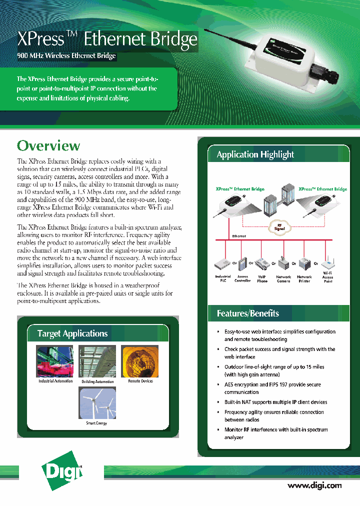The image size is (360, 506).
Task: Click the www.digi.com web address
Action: click(314, 485)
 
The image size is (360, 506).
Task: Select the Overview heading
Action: click(48, 145)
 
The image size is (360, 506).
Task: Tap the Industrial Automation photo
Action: click(54, 361)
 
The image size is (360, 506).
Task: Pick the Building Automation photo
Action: click(97, 361)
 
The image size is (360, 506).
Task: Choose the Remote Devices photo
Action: click(140, 361)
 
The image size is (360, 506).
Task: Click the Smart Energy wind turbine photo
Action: click(97, 402)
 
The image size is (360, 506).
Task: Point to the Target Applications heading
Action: click(72, 333)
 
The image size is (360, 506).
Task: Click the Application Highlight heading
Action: click(255, 154)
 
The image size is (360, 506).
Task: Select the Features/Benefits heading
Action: click(248, 313)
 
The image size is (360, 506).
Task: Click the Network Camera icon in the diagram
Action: click(283, 264)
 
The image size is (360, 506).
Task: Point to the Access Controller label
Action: click(242, 278)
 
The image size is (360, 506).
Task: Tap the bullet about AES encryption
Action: click(272, 388)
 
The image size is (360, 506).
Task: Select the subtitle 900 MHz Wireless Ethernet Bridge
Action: click(66, 55)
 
